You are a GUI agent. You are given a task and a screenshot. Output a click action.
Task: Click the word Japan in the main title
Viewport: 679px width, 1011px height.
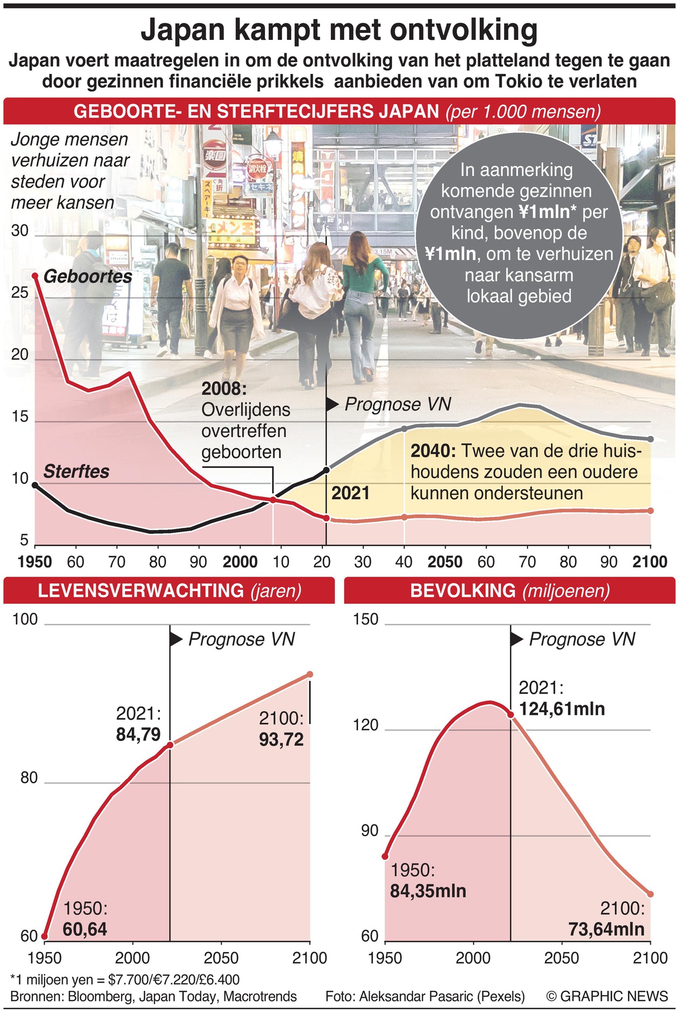tap(183, 30)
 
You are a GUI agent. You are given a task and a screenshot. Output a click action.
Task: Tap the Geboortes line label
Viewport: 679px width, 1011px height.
tap(88, 276)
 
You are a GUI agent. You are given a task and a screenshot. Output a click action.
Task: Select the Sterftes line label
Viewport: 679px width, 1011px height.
tap(76, 471)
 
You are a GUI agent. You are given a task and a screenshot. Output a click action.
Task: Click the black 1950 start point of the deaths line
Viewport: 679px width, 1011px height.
tap(35, 485)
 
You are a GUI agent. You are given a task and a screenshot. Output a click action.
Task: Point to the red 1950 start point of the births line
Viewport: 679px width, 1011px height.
tap(35, 276)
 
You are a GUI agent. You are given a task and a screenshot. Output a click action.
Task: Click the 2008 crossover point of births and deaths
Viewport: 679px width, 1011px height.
tap(273, 500)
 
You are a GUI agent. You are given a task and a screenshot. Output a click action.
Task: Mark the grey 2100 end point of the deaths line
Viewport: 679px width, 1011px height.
tap(650, 439)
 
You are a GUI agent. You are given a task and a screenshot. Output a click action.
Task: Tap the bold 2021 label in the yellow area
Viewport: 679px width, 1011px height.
tap(350, 493)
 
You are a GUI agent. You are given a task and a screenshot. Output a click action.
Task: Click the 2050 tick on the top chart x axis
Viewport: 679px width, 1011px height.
tap(445, 562)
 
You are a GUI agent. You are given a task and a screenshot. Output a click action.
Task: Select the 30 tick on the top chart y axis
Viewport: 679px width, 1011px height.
tap(20, 231)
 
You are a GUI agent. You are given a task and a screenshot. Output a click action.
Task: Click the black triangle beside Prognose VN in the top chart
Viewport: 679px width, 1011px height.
tap(332, 405)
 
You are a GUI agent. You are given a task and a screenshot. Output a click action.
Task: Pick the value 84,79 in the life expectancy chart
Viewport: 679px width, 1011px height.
tap(138, 735)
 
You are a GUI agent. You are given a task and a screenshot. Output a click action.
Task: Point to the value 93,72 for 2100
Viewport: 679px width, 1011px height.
tap(281, 739)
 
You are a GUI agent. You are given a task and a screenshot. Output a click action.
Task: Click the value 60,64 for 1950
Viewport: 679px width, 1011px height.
tap(85, 929)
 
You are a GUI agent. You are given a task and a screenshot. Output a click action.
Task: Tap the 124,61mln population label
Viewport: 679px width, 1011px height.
tap(562, 709)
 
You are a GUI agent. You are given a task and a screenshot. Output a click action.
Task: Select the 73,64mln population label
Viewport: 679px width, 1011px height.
tap(606, 929)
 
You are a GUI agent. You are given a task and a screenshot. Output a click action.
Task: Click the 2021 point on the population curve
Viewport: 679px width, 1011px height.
tap(511, 715)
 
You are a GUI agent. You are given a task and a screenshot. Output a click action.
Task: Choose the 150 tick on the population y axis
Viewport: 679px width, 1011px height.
tap(366, 619)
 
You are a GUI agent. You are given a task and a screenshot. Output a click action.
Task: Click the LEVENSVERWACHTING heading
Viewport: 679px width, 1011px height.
tap(141, 591)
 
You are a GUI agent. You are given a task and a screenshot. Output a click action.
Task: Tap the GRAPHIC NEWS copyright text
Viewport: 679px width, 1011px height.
tap(607, 996)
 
